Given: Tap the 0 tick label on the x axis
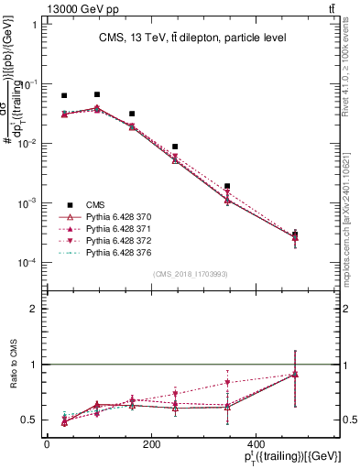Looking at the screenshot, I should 47,445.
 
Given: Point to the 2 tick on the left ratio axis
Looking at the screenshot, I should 31,310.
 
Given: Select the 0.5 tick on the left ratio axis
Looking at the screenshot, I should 28,420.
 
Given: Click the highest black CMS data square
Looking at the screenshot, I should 97,94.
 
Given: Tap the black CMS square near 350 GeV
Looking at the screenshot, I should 227,186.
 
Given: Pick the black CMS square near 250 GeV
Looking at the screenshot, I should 175,147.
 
